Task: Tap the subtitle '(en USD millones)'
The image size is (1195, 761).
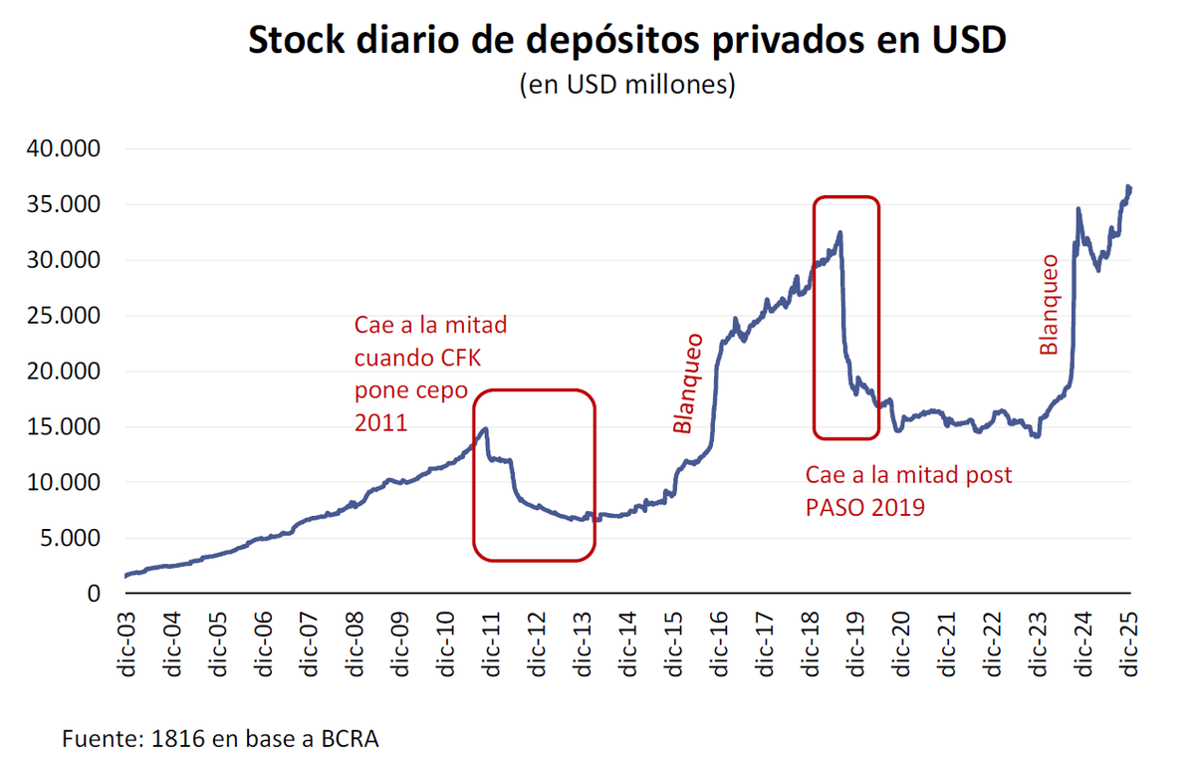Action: (x=626, y=86)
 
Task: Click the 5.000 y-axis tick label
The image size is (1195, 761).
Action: (x=67, y=538)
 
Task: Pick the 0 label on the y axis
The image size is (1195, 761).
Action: (x=95, y=594)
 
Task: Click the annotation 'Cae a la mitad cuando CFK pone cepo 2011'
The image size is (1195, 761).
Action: (x=431, y=374)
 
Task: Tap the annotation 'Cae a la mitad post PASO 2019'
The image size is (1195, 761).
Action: (x=908, y=491)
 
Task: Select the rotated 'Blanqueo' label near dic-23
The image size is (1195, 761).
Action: (x=1049, y=305)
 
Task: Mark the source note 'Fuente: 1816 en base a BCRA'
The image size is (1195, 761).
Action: (x=221, y=739)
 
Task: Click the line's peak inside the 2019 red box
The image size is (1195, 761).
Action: (x=840, y=233)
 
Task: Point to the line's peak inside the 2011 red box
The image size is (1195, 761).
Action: (x=485, y=429)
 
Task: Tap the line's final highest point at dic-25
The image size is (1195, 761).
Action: (x=1128, y=186)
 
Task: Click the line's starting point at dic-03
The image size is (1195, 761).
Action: (x=126, y=576)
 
